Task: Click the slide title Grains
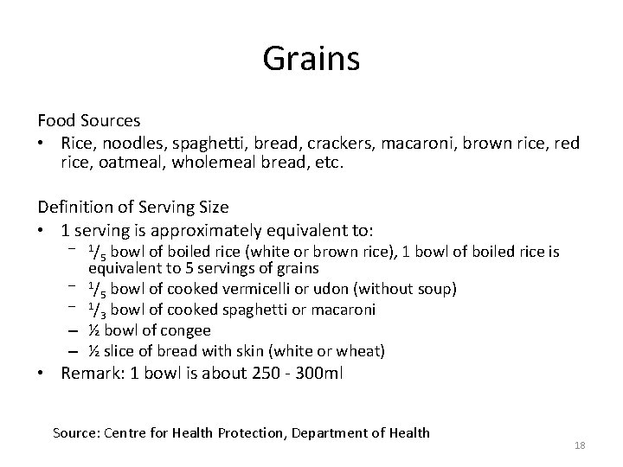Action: tap(311, 60)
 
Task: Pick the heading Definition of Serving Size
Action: tap(132, 208)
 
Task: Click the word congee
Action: tap(187, 329)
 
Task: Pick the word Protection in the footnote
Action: tap(258, 432)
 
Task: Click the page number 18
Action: tap(580, 445)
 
